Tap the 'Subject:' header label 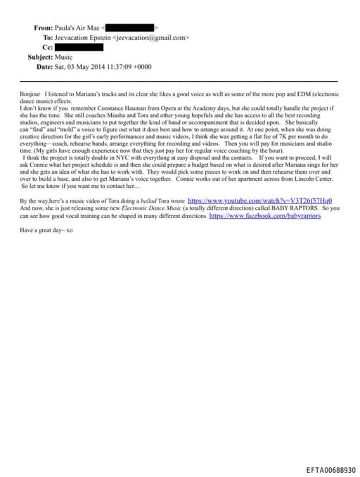click(x=40, y=57)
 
